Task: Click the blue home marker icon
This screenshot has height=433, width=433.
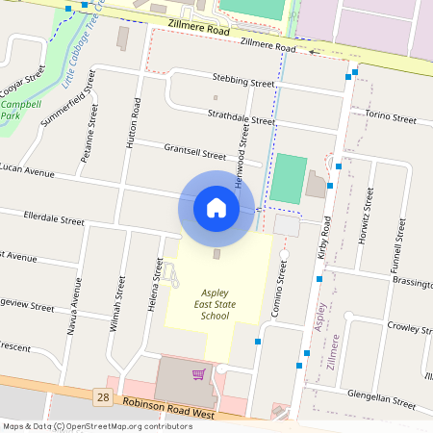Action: point(216,207)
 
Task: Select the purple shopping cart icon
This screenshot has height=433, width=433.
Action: point(199,373)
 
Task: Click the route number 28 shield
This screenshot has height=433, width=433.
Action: point(102,396)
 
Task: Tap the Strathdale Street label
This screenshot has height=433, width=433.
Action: point(242,118)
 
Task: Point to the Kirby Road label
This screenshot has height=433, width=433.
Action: point(324,238)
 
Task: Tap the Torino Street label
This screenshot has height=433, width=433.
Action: point(390,119)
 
